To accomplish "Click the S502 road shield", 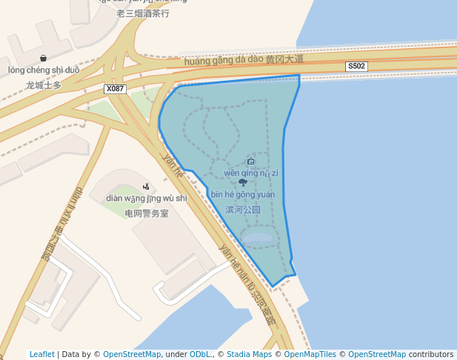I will [356, 67].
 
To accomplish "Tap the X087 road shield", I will [115, 89].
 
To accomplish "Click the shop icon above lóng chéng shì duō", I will [44, 58].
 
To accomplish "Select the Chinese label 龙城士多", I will [43, 84].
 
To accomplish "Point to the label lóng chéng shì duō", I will [44, 70].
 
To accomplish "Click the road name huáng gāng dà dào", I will [224, 61].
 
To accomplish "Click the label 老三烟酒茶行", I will [143, 13].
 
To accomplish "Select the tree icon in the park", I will [243, 182].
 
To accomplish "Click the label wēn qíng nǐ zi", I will [250, 173].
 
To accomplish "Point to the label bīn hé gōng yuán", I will [243, 195].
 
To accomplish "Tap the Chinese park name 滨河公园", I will [243, 210].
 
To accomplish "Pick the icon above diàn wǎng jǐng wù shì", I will [146, 187].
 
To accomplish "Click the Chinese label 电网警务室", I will [147, 213].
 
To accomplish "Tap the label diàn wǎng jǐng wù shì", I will [147, 199].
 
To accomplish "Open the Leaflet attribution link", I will [41, 354].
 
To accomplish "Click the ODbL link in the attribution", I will [199, 354].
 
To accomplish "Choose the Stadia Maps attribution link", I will [249, 354].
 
